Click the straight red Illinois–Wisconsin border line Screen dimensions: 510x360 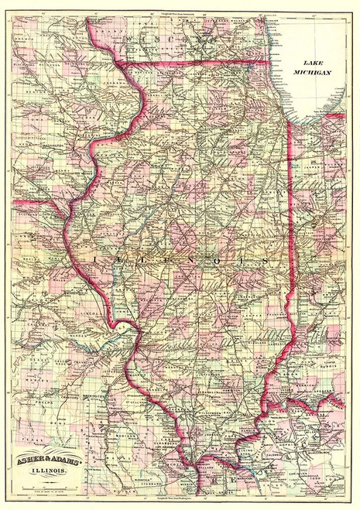194,62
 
